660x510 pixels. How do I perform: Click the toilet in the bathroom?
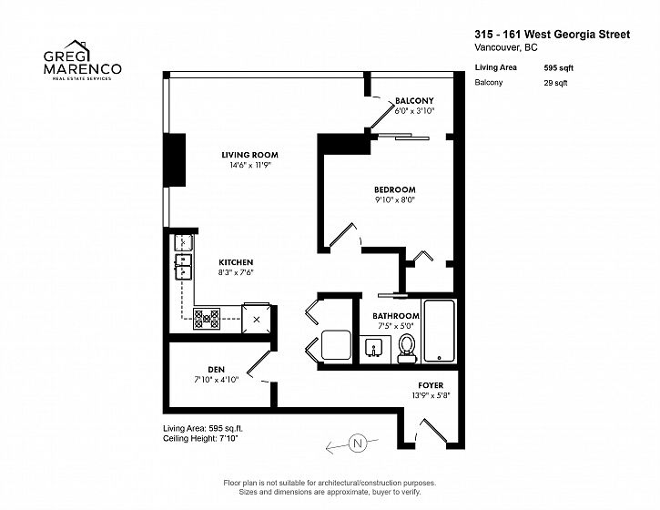coord(407,348)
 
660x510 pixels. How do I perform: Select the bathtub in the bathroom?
coord(439,331)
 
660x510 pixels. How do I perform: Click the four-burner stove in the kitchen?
coord(207,319)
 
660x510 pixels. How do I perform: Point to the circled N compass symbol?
coord(358,443)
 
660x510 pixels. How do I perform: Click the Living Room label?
coord(249,155)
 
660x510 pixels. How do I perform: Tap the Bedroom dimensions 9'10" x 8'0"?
coord(395,200)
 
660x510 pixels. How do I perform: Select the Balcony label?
coord(414,101)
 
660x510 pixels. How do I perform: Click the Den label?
coord(216,370)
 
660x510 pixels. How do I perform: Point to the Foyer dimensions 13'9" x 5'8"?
coord(431,395)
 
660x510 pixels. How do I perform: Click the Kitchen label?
coord(236,262)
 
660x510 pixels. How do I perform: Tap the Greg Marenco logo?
coord(83,60)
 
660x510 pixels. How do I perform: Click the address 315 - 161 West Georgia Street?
coord(553,35)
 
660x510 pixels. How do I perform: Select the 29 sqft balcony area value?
coord(555,83)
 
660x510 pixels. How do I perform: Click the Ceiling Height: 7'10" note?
coord(200,438)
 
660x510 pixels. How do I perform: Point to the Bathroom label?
coord(396,316)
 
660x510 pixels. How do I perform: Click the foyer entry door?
coord(434,431)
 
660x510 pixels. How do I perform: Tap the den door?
coord(259,362)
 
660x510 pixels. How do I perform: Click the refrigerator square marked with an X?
coord(257,320)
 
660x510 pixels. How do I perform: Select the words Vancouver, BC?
coord(506,47)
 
